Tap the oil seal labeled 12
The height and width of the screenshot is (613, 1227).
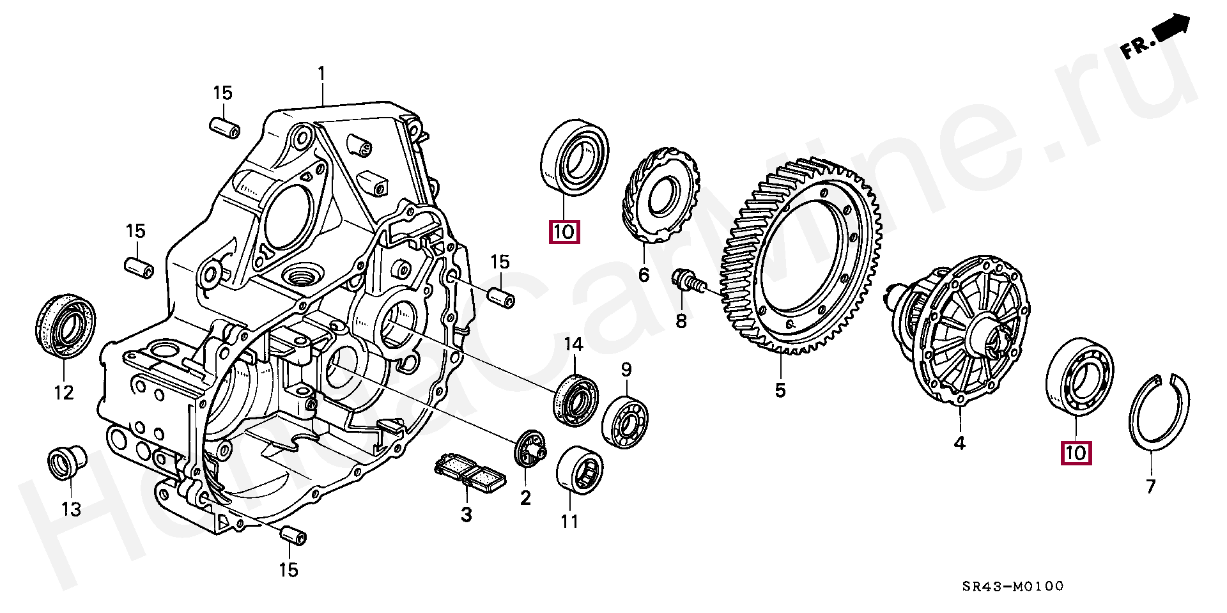[65, 325]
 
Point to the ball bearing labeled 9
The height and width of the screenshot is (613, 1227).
[625, 422]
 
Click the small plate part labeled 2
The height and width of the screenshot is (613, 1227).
[530, 453]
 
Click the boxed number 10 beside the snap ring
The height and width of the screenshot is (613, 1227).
[1076, 453]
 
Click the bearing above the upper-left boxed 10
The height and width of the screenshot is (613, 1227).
[575, 155]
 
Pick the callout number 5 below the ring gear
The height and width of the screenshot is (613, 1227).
[780, 389]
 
